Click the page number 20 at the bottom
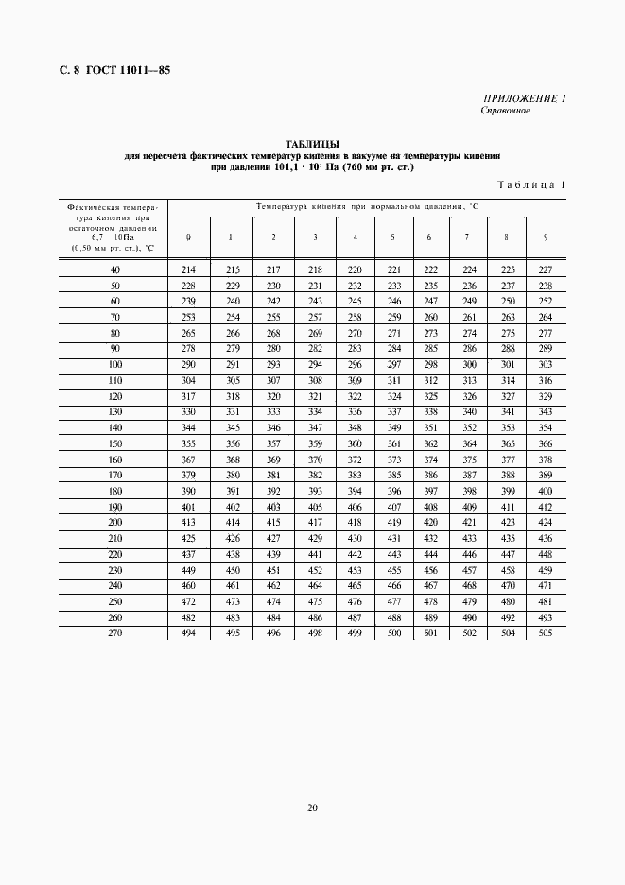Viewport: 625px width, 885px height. [x=312, y=807]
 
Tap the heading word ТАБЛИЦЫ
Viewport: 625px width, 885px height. [x=312, y=143]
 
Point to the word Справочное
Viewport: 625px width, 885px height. [x=506, y=110]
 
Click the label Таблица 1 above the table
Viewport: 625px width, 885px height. [x=530, y=185]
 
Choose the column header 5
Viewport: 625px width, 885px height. [x=392, y=236]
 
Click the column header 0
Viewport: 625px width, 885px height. [x=188, y=236]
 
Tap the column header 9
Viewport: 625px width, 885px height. [x=545, y=236]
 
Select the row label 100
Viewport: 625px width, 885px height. [x=115, y=364]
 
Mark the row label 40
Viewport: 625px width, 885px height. [x=115, y=269]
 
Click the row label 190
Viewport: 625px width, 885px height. [x=115, y=507]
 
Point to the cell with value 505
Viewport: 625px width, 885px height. [x=545, y=633]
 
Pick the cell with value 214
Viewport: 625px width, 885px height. [x=188, y=269]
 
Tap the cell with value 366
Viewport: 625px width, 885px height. [x=545, y=443]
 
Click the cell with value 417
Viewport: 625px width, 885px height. [x=315, y=522]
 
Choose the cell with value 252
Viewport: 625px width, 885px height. [x=545, y=301]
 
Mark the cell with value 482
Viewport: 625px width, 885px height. [x=188, y=617]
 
